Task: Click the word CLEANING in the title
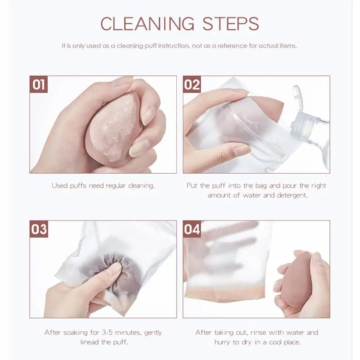tap(148, 23)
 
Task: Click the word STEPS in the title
tap(229, 23)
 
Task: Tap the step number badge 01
tap(39, 85)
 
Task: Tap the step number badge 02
tap(192, 85)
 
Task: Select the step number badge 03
tap(39, 229)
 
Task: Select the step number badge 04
tap(192, 229)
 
